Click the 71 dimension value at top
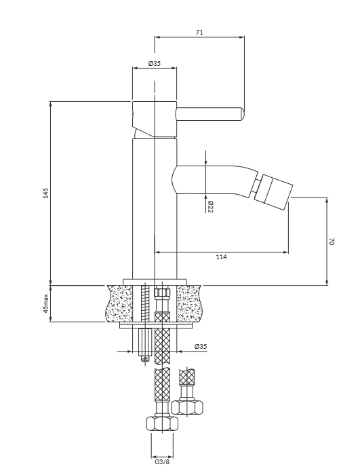pos(199,32)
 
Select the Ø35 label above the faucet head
pos(155,63)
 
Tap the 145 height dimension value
pos(45,193)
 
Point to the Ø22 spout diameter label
pos(210,206)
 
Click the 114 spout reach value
pos(222,257)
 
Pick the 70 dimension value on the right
pos(332,242)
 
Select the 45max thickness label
pos(45,303)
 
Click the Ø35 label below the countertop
pos(201,346)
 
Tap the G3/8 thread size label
pos(162,462)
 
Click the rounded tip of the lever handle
pos(242,114)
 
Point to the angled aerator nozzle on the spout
pos(273,191)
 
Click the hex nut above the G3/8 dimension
pos(162,423)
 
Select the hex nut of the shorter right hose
pos(186,407)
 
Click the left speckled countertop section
pos(119,303)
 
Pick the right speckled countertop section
pos(190,303)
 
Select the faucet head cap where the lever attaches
pos(155,119)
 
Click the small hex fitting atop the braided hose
pos(162,293)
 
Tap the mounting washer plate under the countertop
pos(157,325)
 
